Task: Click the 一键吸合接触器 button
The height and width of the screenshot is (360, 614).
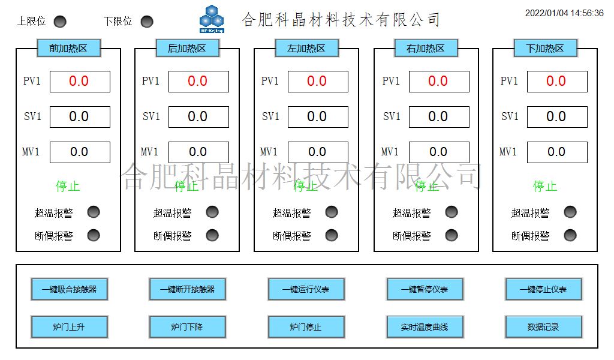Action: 69,289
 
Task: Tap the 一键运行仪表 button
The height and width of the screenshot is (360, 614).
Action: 306,289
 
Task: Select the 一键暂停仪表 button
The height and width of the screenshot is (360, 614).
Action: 425,289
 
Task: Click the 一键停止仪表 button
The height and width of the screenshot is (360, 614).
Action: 544,289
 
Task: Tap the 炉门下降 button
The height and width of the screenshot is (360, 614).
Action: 188,327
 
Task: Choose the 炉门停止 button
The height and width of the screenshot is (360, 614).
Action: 306,327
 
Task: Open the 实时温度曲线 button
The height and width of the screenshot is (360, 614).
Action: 425,327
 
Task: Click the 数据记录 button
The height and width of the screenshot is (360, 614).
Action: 544,327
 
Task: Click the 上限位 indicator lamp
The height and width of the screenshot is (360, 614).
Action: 60,22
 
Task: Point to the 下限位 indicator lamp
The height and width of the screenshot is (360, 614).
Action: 147,22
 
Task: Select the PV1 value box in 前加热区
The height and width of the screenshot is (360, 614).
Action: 80,82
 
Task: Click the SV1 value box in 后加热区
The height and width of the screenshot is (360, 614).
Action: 198,117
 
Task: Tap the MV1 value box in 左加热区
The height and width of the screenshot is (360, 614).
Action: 318,152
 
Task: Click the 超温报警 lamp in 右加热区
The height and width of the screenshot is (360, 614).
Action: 452,212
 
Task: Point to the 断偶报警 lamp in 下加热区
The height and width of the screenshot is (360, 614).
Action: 570,235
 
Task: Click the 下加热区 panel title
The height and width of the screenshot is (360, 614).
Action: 545,49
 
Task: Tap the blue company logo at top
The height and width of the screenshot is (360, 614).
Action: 212,19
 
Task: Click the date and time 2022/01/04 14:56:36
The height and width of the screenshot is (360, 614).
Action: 564,13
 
